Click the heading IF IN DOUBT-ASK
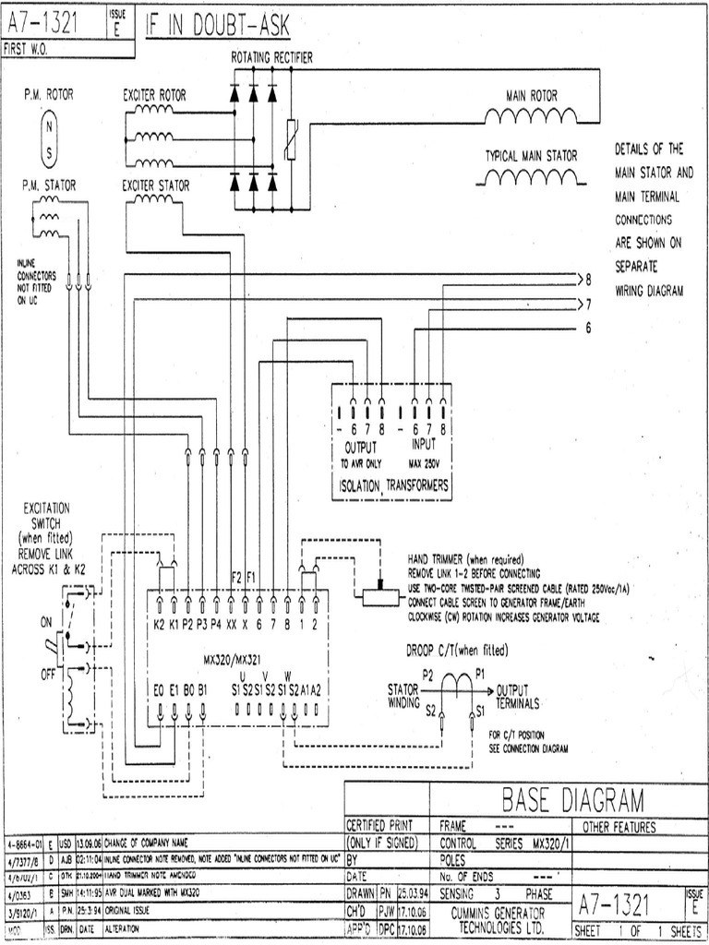click(x=218, y=28)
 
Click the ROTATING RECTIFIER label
click(x=271, y=58)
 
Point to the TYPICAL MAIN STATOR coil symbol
click(x=531, y=176)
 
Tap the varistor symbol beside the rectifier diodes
click(x=292, y=140)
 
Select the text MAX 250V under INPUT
click(x=427, y=463)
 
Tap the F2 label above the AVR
click(x=235, y=578)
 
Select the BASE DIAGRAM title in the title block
click(x=572, y=799)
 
